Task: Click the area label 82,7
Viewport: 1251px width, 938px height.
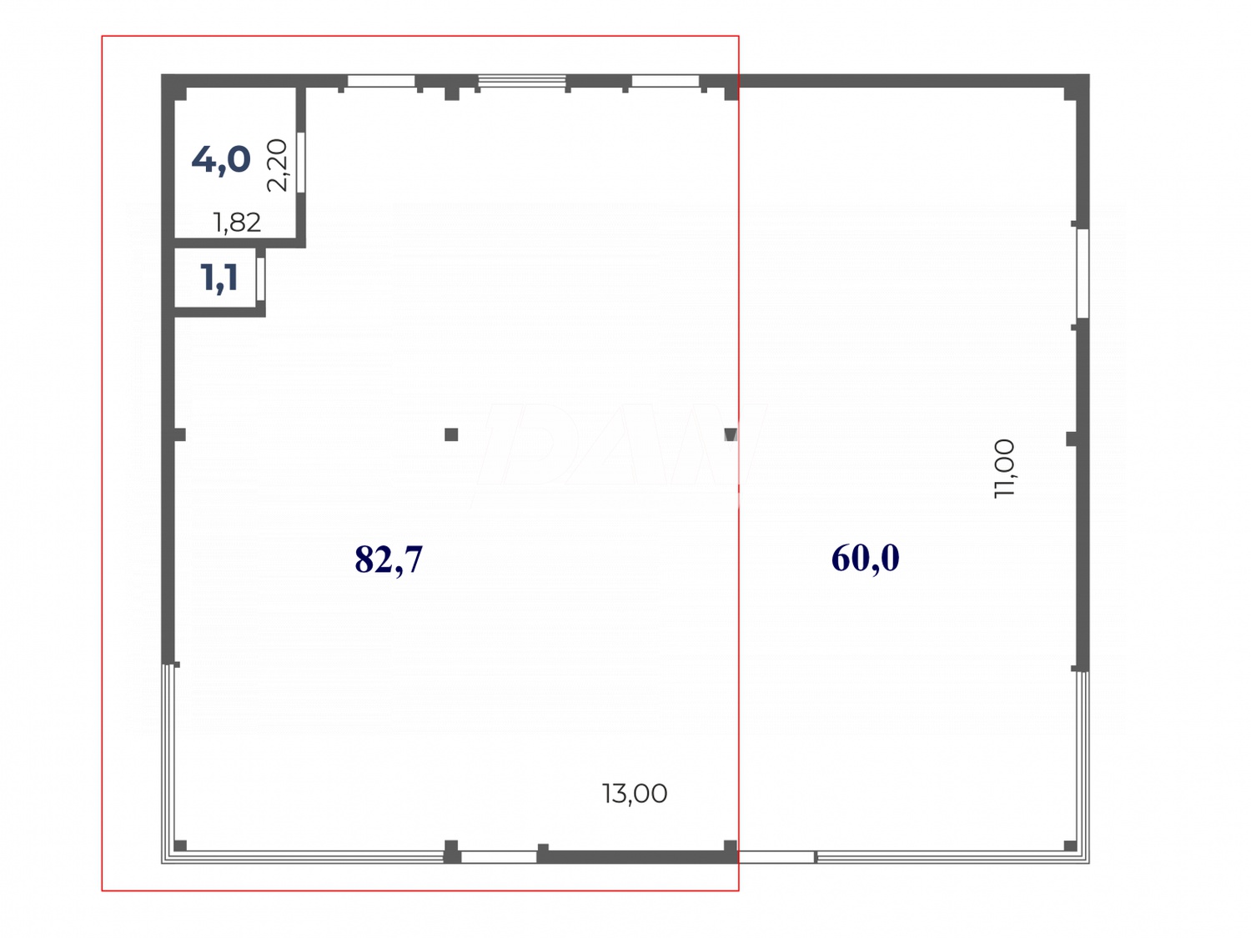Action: [389, 559]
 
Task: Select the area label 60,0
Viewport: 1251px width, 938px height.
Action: [865, 558]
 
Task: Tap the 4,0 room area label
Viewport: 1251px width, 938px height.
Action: [221, 158]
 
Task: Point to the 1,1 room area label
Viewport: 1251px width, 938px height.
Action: [219, 278]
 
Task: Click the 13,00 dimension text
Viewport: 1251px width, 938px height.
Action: [635, 793]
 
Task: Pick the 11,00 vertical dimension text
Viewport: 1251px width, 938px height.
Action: [1005, 468]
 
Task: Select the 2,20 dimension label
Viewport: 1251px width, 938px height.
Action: [277, 165]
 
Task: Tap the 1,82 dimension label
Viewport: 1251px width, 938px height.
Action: [237, 222]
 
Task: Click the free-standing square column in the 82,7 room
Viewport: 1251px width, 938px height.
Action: [451, 434]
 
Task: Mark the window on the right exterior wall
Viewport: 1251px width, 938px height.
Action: [1082, 273]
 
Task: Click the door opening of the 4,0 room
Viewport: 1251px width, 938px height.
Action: [301, 162]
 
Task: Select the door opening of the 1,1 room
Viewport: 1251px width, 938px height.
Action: [260, 279]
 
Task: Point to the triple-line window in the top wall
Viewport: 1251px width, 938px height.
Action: [522, 81]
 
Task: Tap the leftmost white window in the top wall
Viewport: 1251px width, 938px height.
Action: [381, 81]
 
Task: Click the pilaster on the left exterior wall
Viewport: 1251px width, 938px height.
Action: [178, 434]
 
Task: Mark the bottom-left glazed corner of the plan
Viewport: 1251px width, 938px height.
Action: [169, 855]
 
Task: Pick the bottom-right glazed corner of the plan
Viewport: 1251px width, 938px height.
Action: [1082, 855]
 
